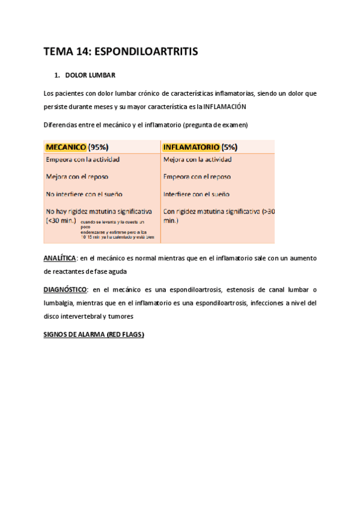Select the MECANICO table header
[66, 146]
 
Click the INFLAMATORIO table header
[191, 146]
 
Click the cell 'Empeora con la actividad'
[82, 159]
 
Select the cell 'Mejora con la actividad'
[197, 159]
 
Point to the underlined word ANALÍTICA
[59, 258]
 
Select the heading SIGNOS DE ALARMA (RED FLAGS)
[94, 334]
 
